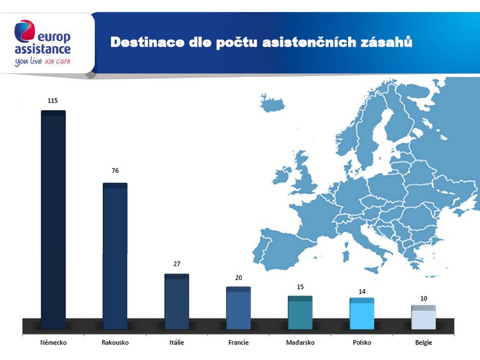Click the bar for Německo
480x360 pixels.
tap(53, 220)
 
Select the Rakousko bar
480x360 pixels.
tap(115, 256)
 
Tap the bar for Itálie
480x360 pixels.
tap(176, 302)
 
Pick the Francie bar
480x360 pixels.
tap(238, 308)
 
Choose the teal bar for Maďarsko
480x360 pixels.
tap(301, 313)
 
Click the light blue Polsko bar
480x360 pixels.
tap(362, 313)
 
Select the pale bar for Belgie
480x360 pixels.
tap(424, 317)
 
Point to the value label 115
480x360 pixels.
tap(53, 101)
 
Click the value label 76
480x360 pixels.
tap(115, 170)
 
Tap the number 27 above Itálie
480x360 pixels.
tap(177, 264)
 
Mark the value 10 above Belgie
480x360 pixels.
tap(424, 298)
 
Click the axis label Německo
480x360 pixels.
tap(53, 343)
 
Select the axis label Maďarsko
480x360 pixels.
tap(301, 343)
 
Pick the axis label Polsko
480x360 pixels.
tap(362, 343)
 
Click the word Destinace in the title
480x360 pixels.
tap(147, 42)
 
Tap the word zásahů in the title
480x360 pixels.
tap(386, 42)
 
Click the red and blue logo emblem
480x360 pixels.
tap(25, 31)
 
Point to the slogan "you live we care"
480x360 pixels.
tap(43, 62)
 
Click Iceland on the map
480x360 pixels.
tap(272, 103)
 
